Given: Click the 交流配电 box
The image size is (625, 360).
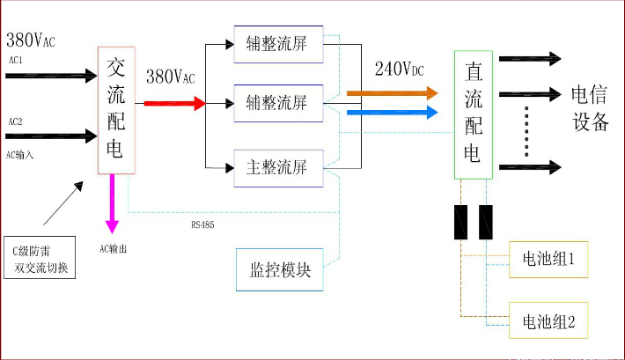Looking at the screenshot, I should pos(115,108).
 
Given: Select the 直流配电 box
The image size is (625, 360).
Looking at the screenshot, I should pos(473,114).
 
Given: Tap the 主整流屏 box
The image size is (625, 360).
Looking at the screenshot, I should pos(278,167).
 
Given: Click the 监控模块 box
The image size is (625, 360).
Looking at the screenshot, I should pos(278,270).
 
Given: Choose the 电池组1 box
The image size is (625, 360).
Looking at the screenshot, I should pos(548,261).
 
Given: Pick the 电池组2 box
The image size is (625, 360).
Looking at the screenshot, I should pos(548,322).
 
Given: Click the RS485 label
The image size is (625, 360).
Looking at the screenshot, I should pos(202,225).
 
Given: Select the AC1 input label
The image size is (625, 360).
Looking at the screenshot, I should pos(16,61).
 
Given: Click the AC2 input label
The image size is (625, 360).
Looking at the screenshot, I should pos(16,121).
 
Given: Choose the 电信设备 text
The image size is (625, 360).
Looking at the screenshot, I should pos(590,108).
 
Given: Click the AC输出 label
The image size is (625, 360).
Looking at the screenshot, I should pos(114,249).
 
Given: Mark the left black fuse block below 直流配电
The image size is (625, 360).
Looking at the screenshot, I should pos(460,223).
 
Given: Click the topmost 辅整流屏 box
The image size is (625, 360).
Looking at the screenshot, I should pos(278,43).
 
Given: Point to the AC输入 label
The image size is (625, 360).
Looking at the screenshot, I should pos(19,154).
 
